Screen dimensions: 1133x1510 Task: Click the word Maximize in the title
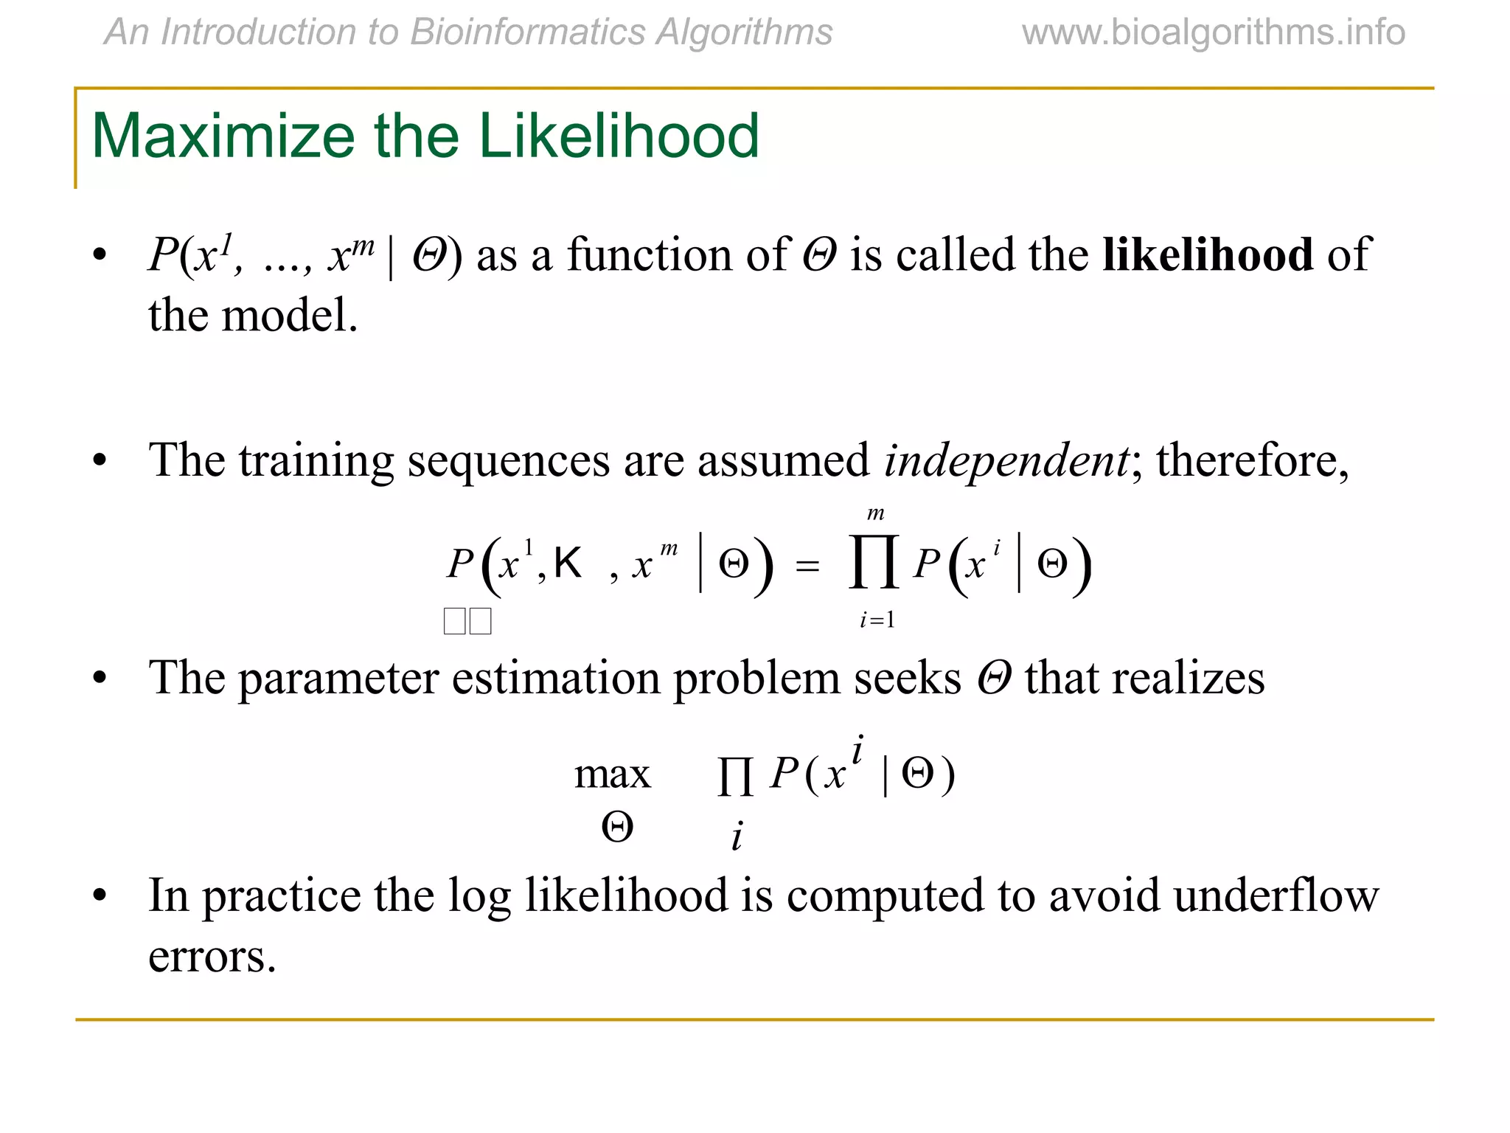pyautogui.click(x=222, y=136)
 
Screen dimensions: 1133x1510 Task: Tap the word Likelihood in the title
pyautogui.click(x=619, y=136)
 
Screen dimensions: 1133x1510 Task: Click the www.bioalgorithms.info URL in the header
pyautogui.click(x=1213, y=32)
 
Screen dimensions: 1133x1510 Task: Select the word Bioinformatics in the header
pyautogui.click(x=526, y=32)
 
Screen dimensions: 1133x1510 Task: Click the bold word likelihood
pyautogui.click(x=1208, y=255)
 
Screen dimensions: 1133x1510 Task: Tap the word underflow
pyautogui.click(x=1276, y=896)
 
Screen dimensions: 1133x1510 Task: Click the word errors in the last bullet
pyautogui.click(x=212, y=957)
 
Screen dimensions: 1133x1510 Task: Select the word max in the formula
pyautogui.click(x=612, y=775)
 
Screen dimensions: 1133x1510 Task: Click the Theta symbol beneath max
pyautogui.click(x=617, y=827)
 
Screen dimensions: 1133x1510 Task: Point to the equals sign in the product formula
pyautogui.click(x=807, y=566)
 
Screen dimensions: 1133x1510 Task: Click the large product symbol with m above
pyautogui.click(x=874, y=564)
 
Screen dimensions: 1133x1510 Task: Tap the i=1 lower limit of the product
pyautogui.click(x=877, y=620)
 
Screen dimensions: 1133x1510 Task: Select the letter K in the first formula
pyautogui.click(x=568, y=564)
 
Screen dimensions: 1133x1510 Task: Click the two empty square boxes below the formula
pyautogui.click(x=467, y=621)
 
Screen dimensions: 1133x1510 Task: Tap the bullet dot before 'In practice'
pyautogui.click(x=100, y=896)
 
